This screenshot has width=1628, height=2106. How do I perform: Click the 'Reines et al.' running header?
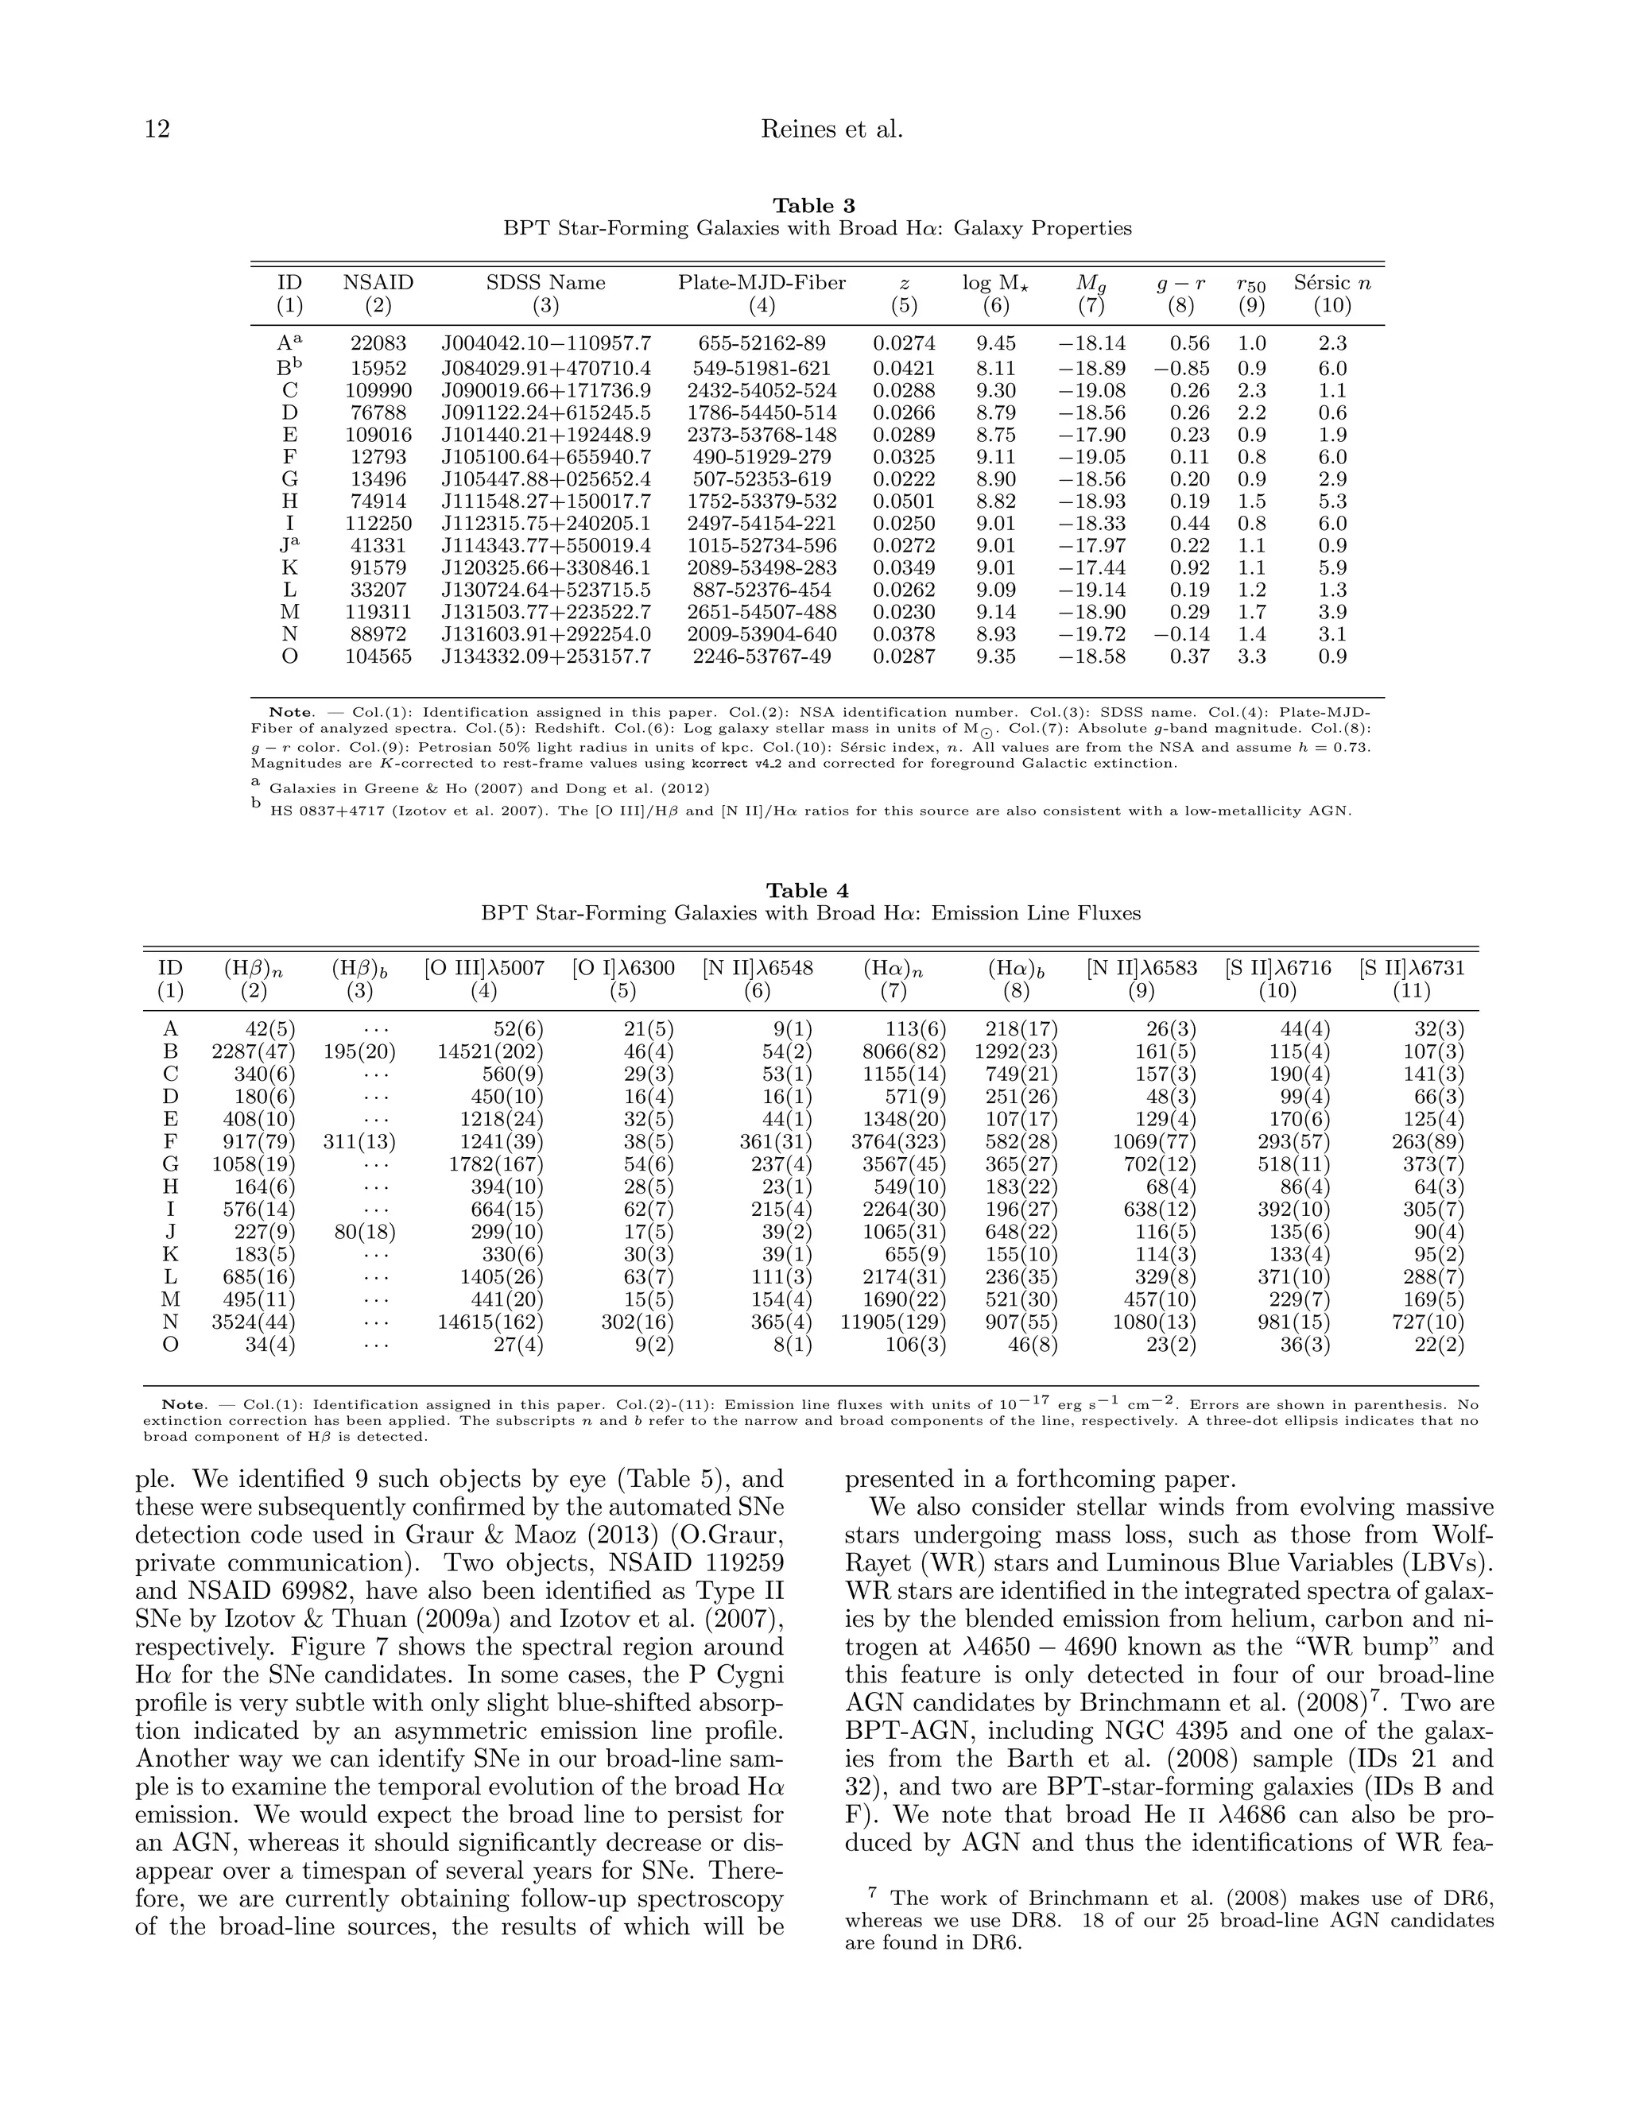(831, 130)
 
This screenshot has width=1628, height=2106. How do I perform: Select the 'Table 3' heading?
(814, 205)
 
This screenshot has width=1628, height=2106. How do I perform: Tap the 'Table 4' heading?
(808, 890)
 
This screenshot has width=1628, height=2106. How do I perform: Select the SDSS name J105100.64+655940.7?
(546, 457)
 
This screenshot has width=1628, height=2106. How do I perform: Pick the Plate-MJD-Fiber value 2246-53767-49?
(762, 656)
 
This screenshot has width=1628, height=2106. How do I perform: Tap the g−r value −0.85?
(1180, 369)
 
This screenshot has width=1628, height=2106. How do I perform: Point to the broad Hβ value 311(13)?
(363, 1143)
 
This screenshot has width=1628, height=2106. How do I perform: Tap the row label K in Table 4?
(171, 1255)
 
